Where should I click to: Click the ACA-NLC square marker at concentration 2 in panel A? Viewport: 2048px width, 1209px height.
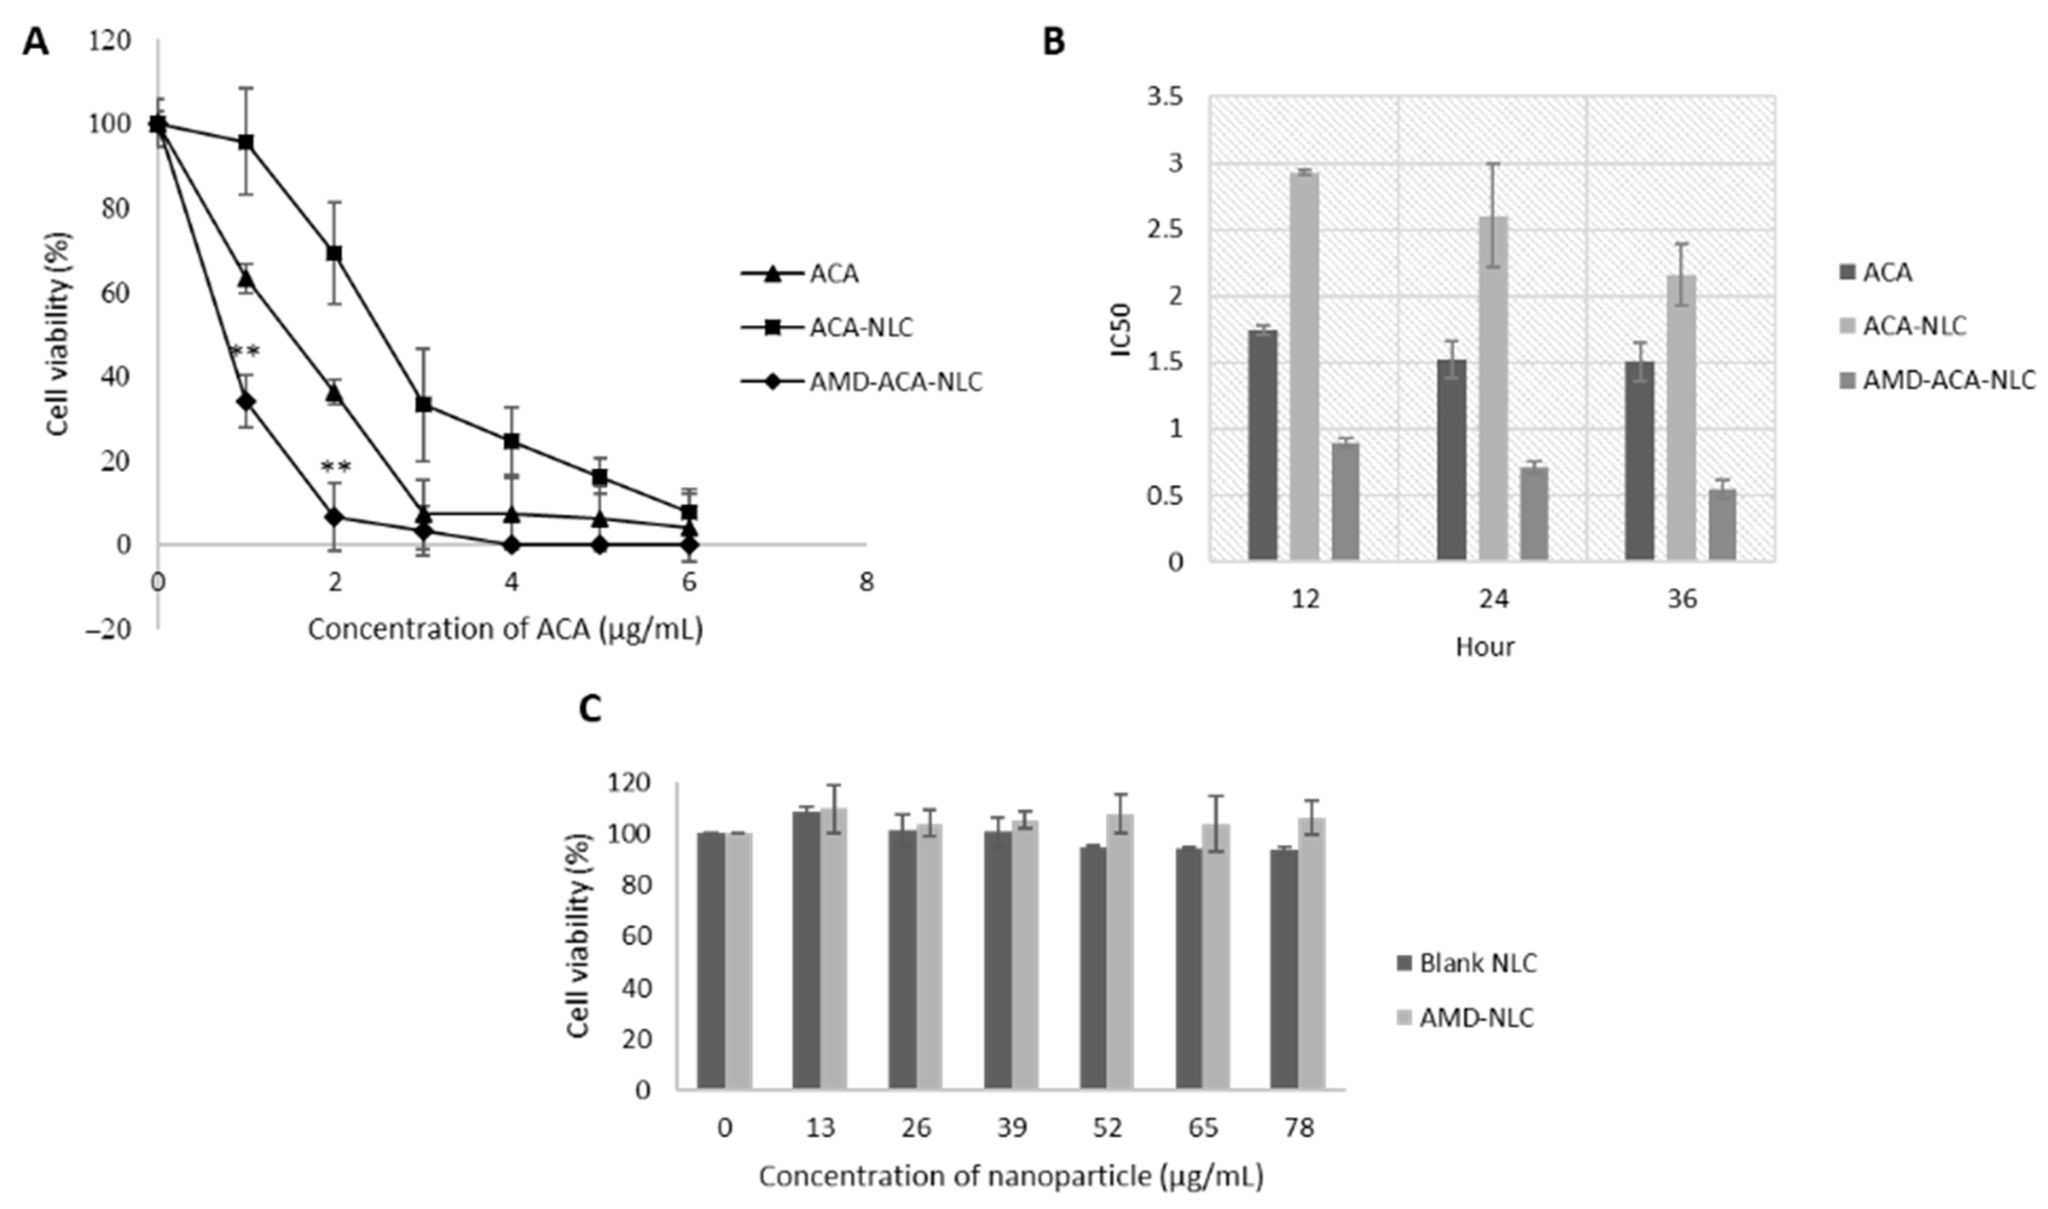click(334, 253)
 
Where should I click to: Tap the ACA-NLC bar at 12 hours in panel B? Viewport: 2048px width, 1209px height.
click(1305, 366)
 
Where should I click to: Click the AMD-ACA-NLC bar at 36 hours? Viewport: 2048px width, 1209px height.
click(1722, 525)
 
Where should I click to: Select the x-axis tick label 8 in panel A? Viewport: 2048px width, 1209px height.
click(865, 582)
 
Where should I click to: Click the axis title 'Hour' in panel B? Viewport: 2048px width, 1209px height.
click(1485, 647)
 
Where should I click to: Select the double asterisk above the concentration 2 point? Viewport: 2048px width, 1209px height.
click(336, 468)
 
